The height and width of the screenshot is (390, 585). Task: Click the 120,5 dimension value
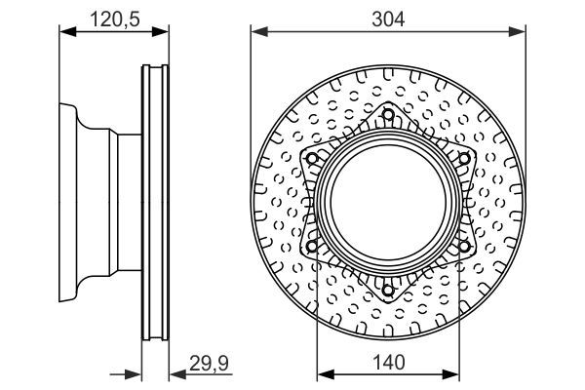(x=115, y=19)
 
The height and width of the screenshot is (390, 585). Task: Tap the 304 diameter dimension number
(x=388, y=19)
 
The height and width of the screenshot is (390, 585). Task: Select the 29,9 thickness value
(x=209, y=364)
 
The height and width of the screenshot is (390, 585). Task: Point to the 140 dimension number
(x=388, y=363)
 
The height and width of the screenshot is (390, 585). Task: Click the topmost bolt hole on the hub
(x=388, y=114)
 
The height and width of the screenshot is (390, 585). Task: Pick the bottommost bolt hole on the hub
(x=388, y=290)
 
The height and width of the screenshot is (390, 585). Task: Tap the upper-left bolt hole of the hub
(x=312, y=158)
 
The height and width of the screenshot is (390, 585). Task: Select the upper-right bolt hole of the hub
(x=464, y=158)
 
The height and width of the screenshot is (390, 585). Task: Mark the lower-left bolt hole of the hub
(x=312, y=246)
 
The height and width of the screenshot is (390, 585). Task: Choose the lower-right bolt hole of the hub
(x=464, y=246)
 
